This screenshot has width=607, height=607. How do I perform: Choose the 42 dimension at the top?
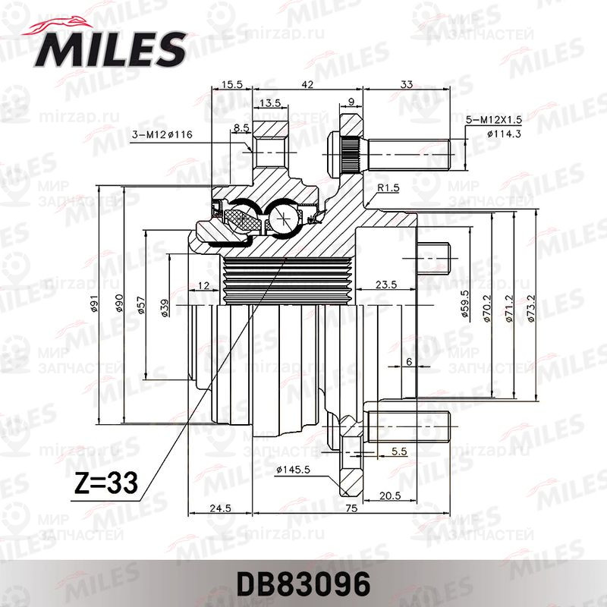[x=307, y=86]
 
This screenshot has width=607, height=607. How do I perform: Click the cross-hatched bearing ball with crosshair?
[x=283, y=217]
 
